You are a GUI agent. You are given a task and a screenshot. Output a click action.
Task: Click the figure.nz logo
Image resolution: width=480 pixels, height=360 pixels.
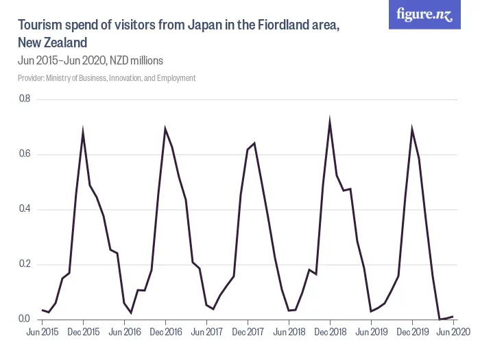click(424, 15)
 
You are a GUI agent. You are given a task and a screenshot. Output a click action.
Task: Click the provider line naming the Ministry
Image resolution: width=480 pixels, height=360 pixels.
click(106, 78)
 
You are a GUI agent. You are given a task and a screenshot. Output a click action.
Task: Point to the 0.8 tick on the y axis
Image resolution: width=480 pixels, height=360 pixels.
click(24, 99)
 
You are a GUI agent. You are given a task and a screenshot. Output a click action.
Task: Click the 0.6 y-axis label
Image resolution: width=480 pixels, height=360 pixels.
click(24, 154)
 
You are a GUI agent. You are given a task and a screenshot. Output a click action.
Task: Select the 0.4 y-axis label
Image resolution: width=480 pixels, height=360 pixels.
click(24, 209)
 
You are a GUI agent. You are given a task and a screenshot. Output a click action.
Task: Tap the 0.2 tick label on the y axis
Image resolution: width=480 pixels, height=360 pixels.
click(24, 264)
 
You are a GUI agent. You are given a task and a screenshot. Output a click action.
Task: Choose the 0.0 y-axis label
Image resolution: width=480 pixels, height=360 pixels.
click(24, 319)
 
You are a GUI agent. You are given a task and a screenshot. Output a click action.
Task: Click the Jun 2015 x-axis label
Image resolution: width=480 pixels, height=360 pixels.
click(42, 332)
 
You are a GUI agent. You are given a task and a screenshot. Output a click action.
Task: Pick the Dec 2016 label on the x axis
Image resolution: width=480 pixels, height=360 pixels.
click(165, 332)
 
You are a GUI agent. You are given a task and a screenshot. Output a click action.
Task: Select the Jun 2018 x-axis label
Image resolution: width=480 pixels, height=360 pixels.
click(289, 332)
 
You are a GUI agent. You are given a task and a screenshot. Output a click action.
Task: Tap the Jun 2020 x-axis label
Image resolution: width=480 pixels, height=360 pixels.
click(453, 332)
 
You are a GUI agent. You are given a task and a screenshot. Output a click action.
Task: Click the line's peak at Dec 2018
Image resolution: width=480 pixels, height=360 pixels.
click(330, 121)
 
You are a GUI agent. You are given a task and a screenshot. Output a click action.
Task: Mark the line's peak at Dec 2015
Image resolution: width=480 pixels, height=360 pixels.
click(83, 131)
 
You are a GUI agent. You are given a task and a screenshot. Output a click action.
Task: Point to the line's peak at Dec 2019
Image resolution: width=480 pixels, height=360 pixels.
click(412, 129)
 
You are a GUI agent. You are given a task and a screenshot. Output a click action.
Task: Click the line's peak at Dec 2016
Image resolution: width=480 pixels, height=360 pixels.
click(165, 128)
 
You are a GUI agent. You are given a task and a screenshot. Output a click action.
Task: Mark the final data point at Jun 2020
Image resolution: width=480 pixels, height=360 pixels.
click(453, 316)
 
